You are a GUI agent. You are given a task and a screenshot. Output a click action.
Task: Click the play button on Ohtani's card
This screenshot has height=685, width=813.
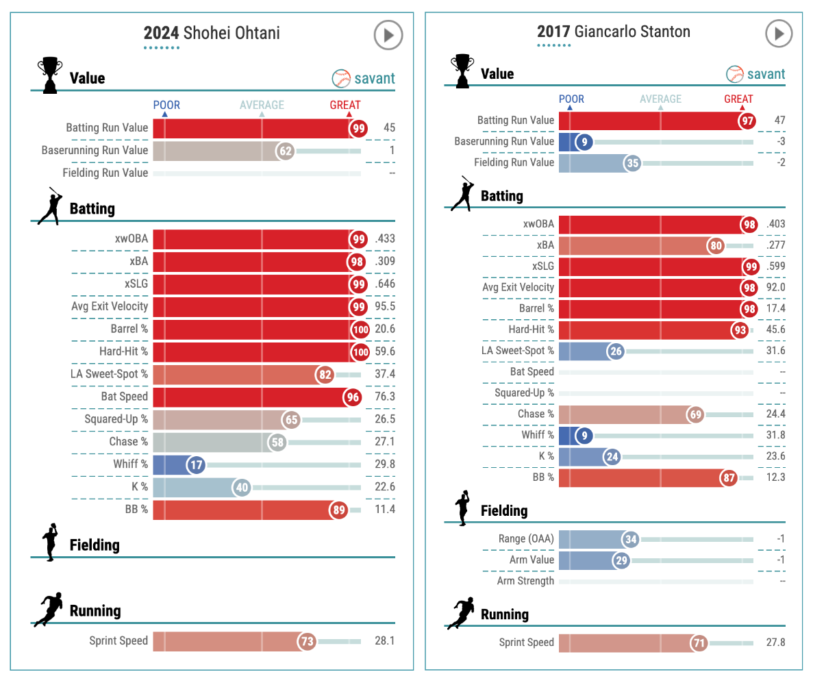pos(388,35)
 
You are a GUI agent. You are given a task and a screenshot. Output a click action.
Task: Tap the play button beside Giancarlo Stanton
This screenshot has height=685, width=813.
pos(779,33)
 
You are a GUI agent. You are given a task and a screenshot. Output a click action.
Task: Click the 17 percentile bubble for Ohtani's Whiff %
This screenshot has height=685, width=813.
pos(197,465)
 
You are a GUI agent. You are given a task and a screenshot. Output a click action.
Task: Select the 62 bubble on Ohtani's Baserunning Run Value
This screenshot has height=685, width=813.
pos(285,151)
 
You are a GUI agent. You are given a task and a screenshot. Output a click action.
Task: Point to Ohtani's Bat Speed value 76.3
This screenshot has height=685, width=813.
pos(385,397)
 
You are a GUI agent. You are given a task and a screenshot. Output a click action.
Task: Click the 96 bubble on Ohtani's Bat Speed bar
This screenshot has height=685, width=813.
pos(352,397)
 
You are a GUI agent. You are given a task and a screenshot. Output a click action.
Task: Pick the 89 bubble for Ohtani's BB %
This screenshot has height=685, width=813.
pos(338,510)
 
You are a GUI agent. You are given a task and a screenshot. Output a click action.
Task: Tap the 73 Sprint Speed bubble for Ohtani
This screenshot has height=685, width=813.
pos(307,642)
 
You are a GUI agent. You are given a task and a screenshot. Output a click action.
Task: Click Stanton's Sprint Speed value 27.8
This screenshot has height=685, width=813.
pos(775,643)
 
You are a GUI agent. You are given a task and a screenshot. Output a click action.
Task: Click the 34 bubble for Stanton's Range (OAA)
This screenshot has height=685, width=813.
pos(631,540)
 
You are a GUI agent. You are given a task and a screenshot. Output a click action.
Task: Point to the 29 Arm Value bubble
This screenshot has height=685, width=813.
pos(621,560)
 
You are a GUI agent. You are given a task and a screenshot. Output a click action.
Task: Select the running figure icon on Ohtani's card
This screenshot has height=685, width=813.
pos(50,609)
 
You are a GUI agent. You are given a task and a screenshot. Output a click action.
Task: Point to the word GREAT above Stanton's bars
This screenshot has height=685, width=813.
pos(738,99)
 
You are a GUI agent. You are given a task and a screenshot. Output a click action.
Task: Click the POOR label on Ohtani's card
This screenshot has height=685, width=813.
pos(166,105)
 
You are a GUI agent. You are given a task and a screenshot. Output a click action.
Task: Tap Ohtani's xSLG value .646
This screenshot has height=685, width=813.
pos(385,284)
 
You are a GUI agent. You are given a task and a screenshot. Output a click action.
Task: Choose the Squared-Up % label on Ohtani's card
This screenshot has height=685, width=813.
pos(116,419)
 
